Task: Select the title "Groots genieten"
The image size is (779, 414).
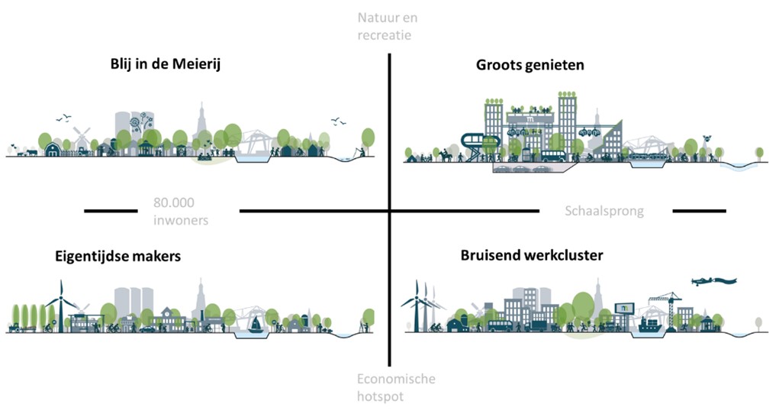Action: coord(530,65)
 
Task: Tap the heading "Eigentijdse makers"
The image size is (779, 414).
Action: coord(117,256)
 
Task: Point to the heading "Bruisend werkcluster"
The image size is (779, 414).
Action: coord(532,255)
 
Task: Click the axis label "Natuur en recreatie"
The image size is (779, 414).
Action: coord(388,26)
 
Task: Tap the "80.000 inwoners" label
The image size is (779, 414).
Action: coord(175,211)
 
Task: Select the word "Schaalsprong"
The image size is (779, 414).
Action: coord(605,211)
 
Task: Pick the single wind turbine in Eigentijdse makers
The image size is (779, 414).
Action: coord(59,302)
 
